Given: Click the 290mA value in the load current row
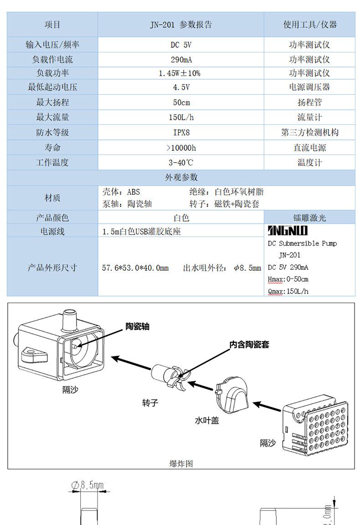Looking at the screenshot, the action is point(181,59).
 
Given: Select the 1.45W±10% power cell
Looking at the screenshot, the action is point(181,73).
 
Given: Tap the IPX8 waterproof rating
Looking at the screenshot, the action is point(181,133).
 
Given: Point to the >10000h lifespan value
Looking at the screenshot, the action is point(181,148).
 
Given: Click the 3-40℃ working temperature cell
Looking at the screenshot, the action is point(181,163).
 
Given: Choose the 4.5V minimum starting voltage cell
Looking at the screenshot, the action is point(181,87).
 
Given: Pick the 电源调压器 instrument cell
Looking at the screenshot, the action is point(309,87).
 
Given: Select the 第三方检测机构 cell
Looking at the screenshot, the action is point(309,133).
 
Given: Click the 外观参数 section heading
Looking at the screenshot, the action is point(181,177).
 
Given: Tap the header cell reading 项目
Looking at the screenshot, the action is point(52,25).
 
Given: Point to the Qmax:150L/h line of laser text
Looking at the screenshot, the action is point(288,291).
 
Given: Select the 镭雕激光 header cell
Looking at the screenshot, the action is point(309,218).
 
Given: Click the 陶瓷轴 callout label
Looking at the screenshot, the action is point(137,326).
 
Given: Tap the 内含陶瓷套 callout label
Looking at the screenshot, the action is point(249,345).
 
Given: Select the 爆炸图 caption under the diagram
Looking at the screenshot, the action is point(181,463).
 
